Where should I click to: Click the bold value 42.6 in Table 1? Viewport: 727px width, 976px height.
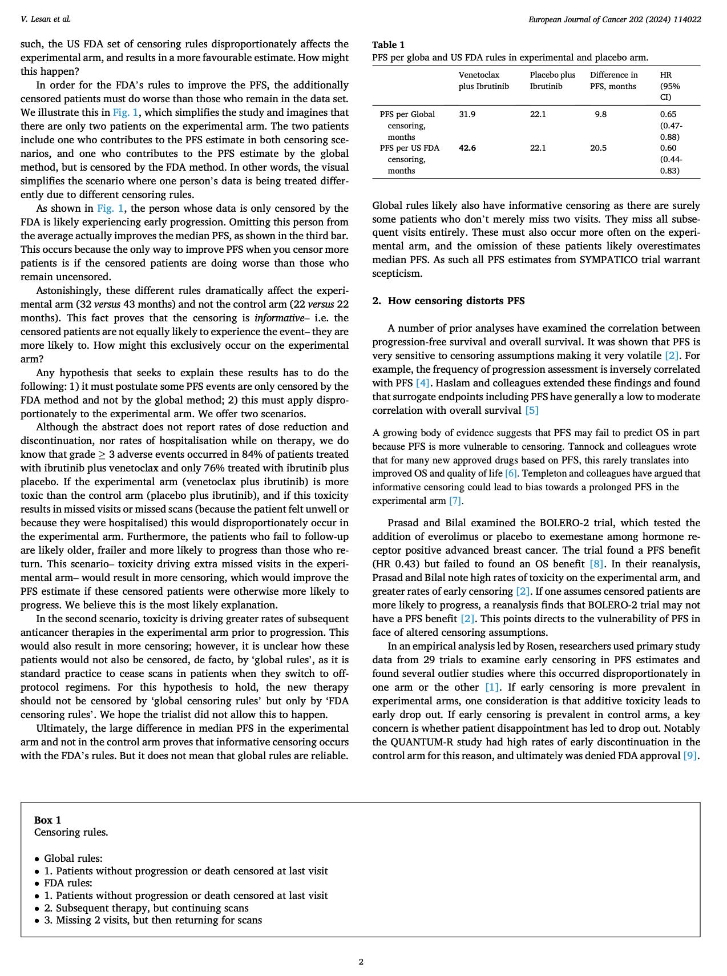pos(467,148)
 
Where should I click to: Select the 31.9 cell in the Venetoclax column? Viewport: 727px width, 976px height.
pos(467,114)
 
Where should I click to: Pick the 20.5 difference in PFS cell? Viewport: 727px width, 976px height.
pos(599,148)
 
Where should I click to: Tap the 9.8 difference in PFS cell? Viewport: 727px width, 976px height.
pos(600,114)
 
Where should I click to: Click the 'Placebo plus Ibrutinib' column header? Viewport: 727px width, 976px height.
pos(552,80)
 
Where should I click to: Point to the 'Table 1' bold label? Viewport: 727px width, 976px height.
pos(388,45)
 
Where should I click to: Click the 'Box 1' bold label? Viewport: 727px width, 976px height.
pos(47,820)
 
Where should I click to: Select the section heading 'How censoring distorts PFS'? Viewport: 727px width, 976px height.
pos(456,301)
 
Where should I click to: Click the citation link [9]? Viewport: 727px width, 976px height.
pos(690,756)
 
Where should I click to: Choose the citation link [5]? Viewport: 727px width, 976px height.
pos(531,410)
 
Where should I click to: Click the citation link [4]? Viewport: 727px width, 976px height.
pos(422,383)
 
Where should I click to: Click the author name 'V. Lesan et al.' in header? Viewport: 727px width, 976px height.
pos(46,19)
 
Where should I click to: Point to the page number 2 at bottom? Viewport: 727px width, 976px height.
pos(361,962)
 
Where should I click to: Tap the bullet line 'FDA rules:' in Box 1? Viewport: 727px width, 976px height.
pos(68,883)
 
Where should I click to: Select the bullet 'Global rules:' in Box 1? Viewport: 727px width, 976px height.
pos(73,858)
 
